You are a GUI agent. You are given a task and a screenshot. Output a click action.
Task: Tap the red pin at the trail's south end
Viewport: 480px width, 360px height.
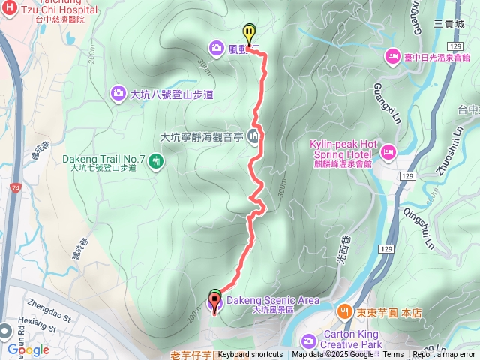pyautogui.click(x=214, y=303)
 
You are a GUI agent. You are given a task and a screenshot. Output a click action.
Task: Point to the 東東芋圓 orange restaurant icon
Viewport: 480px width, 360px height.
pyautogui.click(x=343, y=310)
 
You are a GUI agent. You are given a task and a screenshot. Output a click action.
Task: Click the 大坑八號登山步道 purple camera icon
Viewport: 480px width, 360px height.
pyautogui.click(x=118, y=94)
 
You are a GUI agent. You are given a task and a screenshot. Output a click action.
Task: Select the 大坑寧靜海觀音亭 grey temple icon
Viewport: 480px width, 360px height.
pyautogui.click(x=253, y=136)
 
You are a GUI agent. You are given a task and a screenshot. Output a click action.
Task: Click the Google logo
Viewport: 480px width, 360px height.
pyautogui.click(x=28, y=349)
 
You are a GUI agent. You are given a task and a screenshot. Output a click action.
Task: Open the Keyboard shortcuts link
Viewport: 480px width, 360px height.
pyautogui.click(x=250, y=355)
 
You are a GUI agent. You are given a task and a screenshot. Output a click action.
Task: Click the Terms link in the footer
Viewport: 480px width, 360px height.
pyautogui.click(x=393, y=355)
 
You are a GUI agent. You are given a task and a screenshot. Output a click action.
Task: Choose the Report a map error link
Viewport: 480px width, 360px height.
pyautogui.click(x=443, y=355)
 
